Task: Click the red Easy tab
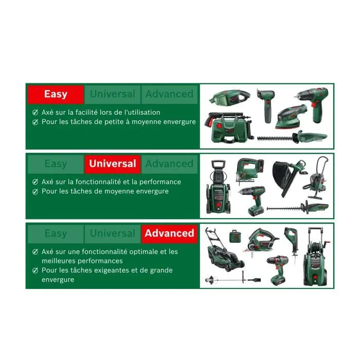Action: coord(55,94)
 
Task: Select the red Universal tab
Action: coord(113,164)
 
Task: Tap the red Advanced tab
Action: coord(169,233)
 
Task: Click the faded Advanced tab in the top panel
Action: coord(169,94)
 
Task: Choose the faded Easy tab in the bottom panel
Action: coord(55,233)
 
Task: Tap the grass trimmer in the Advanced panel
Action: coord(231,279)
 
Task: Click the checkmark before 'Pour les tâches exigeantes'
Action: coord(35,270)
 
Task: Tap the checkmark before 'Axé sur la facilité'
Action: coord(35,112)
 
